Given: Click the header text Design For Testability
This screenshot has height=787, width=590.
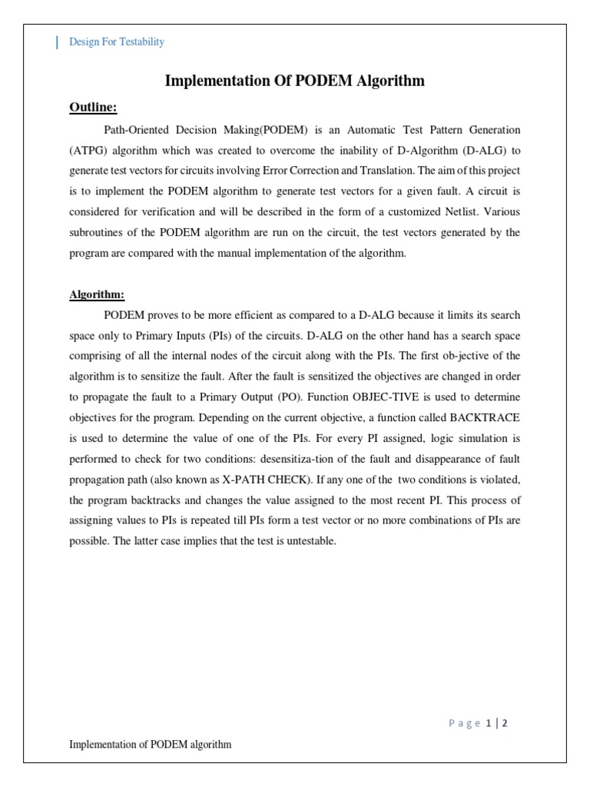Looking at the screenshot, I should click(x=117, y=42).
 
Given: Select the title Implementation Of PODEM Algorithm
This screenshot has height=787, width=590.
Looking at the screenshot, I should click(x=295, y=81).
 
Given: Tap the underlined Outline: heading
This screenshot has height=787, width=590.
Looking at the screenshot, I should click(x=93, y=106).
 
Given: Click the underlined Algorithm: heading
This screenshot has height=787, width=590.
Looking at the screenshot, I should click(x=98, y=294).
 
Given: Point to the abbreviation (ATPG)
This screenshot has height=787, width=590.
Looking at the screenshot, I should click(x=90, y=149).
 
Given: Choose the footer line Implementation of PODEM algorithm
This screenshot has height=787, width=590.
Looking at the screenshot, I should click(x=151, y=744).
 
